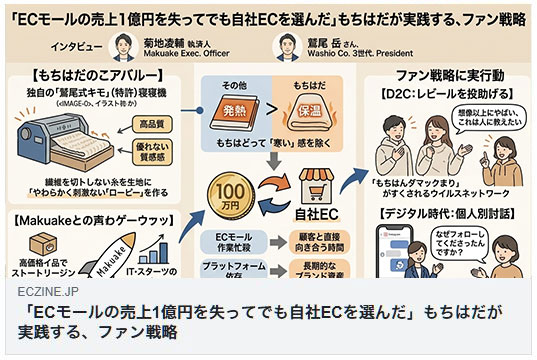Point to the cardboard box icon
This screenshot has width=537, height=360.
pyautogui.click(x=35, y=231)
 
